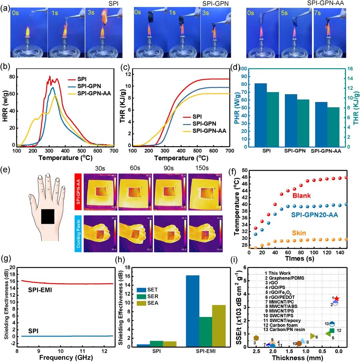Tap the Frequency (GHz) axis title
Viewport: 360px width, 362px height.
(x=60, y=358)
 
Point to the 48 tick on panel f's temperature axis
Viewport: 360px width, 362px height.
(x=244, y=177)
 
